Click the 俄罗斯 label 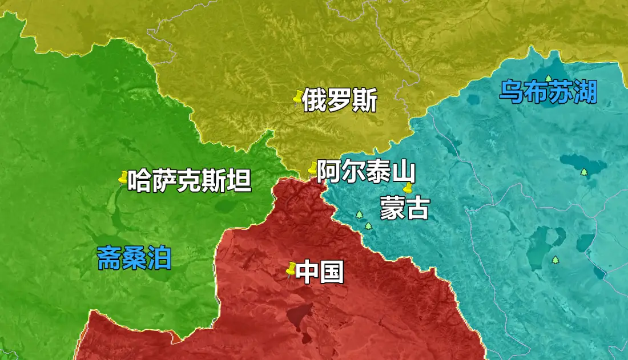[339, 101]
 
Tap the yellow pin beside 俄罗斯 [297, 98]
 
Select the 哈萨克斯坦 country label [189, 181]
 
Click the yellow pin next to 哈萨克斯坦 [123, 179]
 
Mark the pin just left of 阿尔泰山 [312, 168]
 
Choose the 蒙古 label [404, 209]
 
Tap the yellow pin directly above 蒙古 [407, 188]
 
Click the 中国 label [320, 273]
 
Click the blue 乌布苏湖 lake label [548, 92]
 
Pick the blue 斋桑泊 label [135, 258]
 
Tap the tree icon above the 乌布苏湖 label [549, 78]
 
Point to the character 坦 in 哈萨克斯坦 [239, 181]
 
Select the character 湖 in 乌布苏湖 [585, 92]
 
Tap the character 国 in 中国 [332, 273]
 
